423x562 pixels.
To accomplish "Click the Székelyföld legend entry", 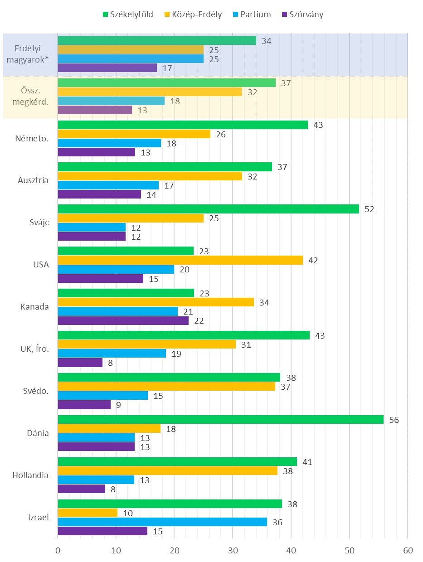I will (x=127, y=15).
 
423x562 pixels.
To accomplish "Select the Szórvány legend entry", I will (x=302, y=15).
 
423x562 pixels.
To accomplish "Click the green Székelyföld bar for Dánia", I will (x=220, y=420).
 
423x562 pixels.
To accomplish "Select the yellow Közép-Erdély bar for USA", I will (x=180, y=260).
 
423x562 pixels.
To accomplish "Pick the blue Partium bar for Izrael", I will (x=162, y=522).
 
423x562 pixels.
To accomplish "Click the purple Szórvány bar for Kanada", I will (x=123, y=320).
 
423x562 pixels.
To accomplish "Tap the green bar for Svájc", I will (x=208, y=209).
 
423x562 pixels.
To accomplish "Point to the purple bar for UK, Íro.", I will (x=80, y=363).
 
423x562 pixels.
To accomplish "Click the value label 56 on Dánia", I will (x=394, y=420).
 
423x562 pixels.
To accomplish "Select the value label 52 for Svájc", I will (x=370, y=209).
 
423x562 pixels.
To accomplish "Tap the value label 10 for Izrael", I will (x=128, y=513).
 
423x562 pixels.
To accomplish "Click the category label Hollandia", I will (x=31, y=475).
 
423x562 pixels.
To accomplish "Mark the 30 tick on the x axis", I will (x=233, y=551).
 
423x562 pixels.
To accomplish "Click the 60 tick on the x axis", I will (x=408, y=551).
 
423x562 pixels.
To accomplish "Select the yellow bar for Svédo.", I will (x=166, y=387).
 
